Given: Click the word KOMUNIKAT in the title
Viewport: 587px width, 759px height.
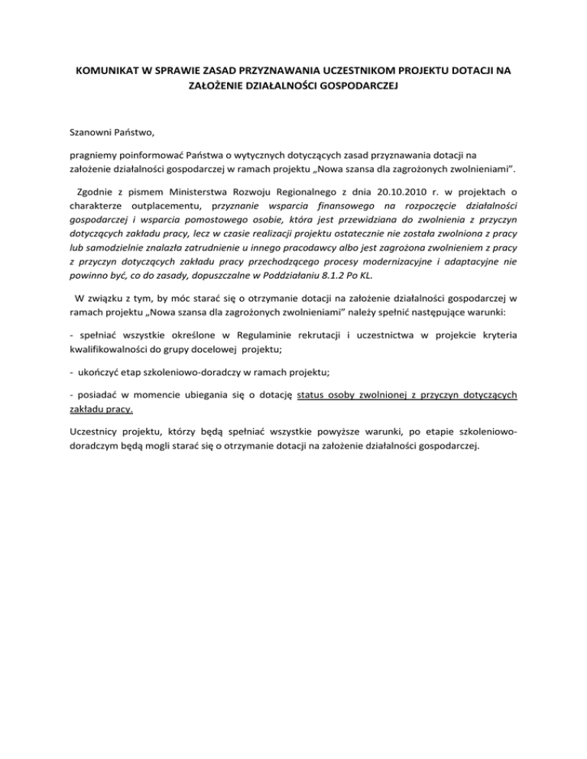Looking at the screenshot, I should tap(107, 73).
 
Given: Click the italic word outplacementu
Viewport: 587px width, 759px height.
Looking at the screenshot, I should tap(164, 205).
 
